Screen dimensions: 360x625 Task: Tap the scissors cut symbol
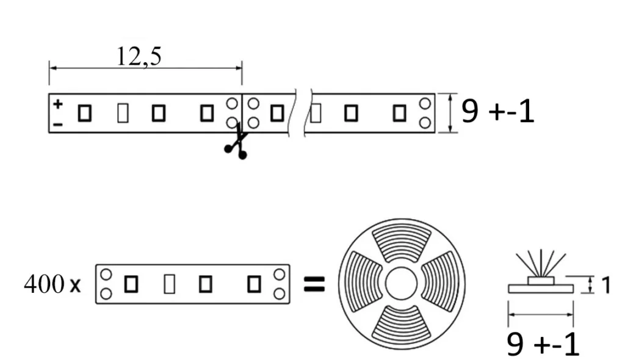click(x=236, y=143)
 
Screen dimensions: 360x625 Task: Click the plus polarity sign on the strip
click(x=57, y=104)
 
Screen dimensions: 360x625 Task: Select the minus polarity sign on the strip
click(x=57, y=124)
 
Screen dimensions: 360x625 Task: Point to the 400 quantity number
click(x=43, y=284)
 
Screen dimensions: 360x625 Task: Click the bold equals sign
click(x=314, y=283)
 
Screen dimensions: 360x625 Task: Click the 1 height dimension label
click(x=605, y=284)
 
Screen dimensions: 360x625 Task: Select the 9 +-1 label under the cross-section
click(x=543, y=345)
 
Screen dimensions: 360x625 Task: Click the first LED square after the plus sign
click(x=85, y=113)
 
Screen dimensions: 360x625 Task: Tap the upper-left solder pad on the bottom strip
click(x=106, y=274)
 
